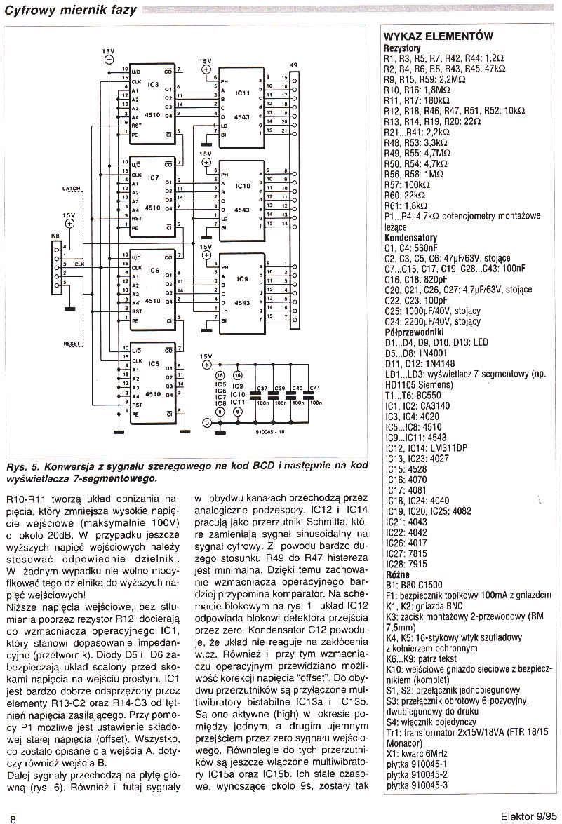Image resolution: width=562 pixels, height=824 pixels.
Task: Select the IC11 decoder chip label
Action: pos(242,93)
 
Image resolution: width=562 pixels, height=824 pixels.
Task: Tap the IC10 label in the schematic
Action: pos(242,187)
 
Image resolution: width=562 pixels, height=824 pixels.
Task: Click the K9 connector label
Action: pos(293,65)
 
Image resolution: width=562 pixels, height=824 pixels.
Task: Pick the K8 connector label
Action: pos(55,236)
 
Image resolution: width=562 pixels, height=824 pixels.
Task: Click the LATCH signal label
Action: pos(72,189)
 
